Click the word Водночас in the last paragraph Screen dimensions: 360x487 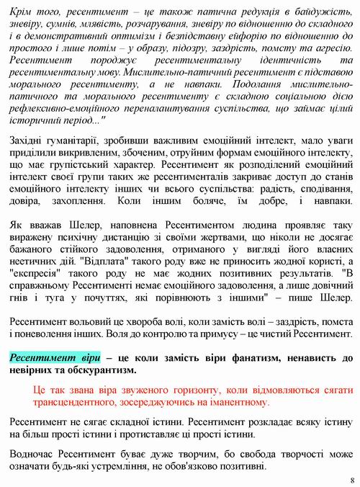(36, 454)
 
